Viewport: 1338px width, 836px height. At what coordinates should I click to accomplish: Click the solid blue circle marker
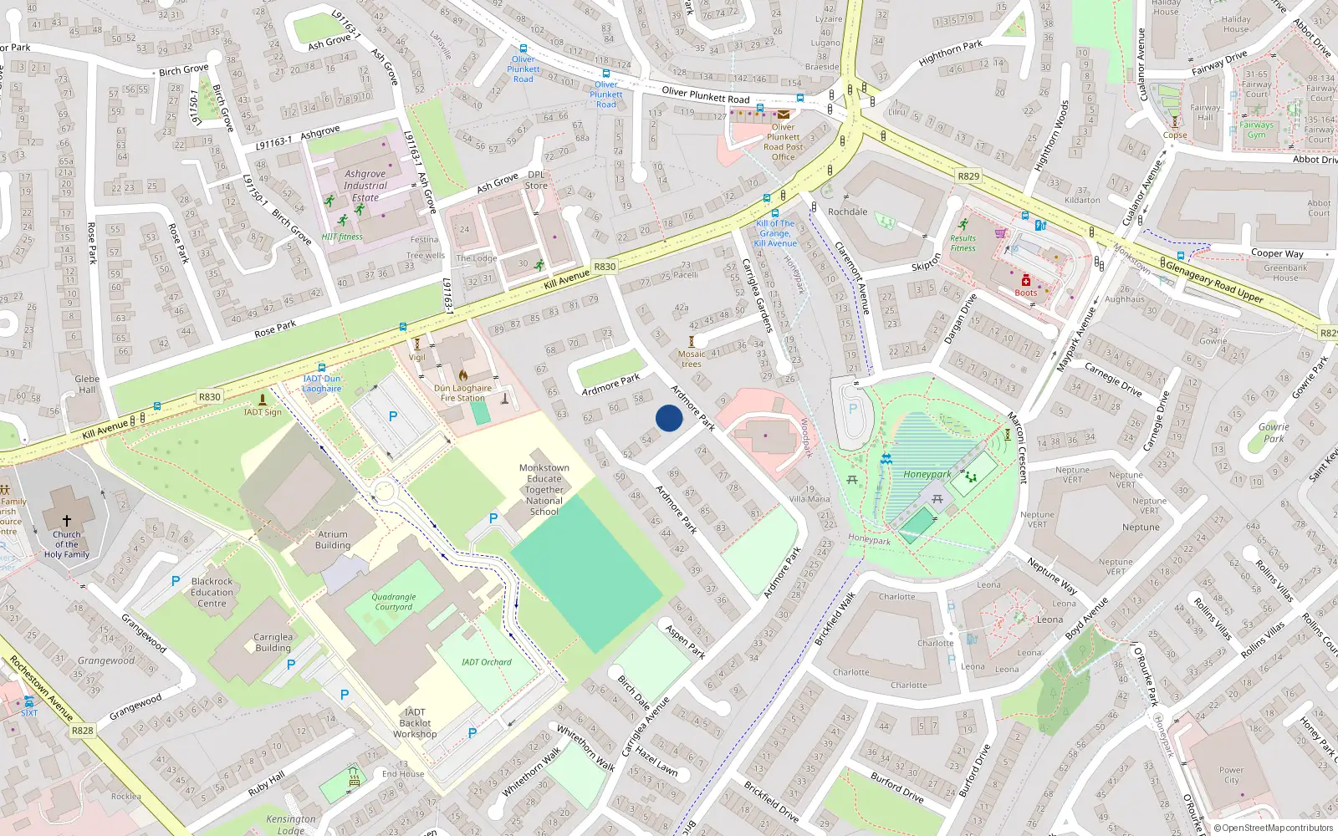click(669, 418)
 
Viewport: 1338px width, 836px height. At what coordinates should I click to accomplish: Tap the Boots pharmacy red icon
click(1026, 281)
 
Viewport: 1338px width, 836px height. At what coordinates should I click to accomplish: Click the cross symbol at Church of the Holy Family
click(67, 520)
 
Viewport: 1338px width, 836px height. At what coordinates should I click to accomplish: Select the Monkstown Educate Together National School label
click(544, 490)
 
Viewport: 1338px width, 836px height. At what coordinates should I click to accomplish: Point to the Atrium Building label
click(333, 540)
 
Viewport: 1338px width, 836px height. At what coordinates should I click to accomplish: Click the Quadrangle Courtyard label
click(393, 602)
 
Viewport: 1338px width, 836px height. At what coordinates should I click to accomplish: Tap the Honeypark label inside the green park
click(927, 474)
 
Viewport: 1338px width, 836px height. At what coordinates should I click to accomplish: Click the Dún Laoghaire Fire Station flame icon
click(463, 375)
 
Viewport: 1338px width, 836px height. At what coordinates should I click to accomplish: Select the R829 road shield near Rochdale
click(968, 176)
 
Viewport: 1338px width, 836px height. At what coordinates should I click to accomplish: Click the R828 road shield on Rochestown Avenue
click(82, 731)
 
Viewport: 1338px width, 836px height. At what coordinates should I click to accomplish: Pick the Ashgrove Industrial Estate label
click(365, 186)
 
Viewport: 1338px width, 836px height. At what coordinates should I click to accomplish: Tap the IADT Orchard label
click(486, 662)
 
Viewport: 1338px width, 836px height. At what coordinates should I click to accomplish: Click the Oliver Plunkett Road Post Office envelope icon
click(784, 115)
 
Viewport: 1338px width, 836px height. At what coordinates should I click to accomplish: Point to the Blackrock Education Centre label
click(212, 592)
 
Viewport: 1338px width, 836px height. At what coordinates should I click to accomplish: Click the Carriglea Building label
click(273, 642)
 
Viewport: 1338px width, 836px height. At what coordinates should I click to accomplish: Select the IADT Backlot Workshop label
click(415, 723)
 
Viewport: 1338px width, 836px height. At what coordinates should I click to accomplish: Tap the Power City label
click(1231, 775)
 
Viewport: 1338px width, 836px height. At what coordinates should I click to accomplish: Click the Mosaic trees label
click(691, 359)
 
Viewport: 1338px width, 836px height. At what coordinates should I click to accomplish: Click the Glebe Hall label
click(87, 384)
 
